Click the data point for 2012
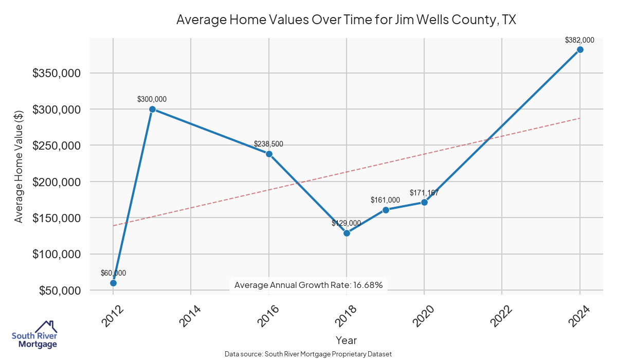[x=113, y=283]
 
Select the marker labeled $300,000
[x=152, y=109]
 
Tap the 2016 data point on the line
[x=269, y=154]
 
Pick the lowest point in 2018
[x=347, y=233]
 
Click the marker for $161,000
[x=386, y=210]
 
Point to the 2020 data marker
[x=424, y=202]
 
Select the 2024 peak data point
[x=580, y=49]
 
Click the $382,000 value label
[x=579, y=40]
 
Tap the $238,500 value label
[x=268, y=144]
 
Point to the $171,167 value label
[x=424, y=193]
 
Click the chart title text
[x=346, y=20]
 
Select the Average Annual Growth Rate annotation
[x=308, y=285]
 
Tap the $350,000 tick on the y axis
[x=56, y=73]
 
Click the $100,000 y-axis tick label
[x=56, y=254]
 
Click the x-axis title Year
[x=346, y=340]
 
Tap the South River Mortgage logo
[x=34, y=335]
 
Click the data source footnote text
[x=308, y=354]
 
